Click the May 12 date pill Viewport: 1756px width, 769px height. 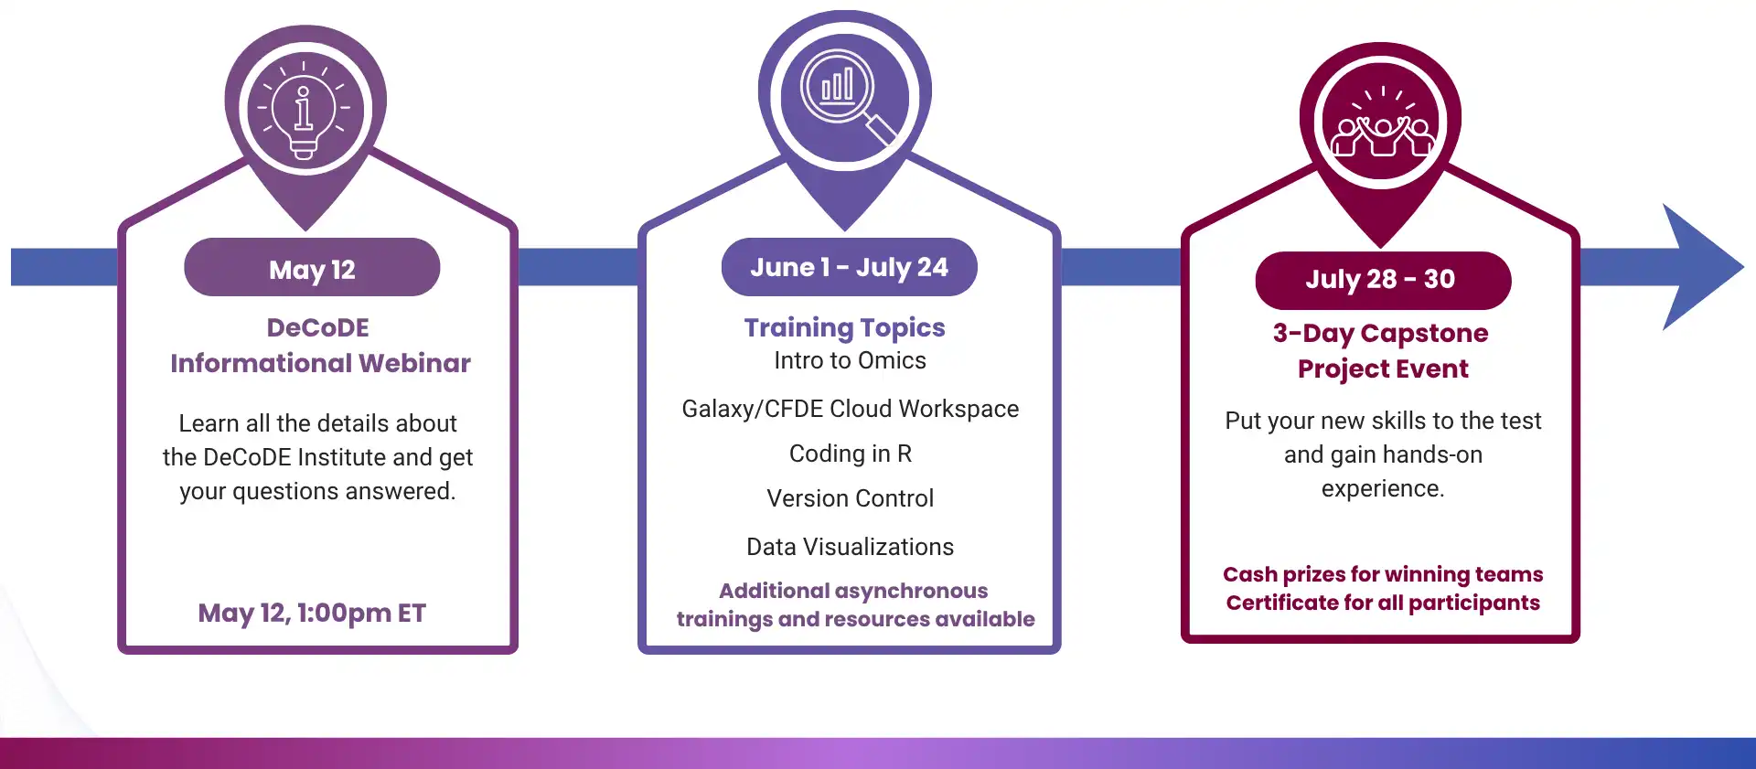click(312, 269)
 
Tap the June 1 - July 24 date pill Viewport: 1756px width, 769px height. click(849, 267)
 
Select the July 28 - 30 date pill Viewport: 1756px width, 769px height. click(1381, 279)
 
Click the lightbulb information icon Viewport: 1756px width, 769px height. click(305, 110)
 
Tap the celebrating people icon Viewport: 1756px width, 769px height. click(1381, 123)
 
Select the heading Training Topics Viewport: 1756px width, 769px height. click(844, 327)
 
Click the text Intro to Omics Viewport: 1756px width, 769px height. click(850, 360)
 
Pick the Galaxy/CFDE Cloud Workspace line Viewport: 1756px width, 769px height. click(850, 409)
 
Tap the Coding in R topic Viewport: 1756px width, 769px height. click(850, 454)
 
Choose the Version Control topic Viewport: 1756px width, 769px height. click(850, 498)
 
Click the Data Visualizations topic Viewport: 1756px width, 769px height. click(850, 547)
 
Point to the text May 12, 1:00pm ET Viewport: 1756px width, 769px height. click(312, 613)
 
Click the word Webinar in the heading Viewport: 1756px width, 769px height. click(414, 363)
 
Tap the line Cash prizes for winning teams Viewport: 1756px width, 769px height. click(1382, 574)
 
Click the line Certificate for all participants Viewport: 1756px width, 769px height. click(1382, 603)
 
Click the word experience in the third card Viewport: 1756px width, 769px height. click(1381, 488)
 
